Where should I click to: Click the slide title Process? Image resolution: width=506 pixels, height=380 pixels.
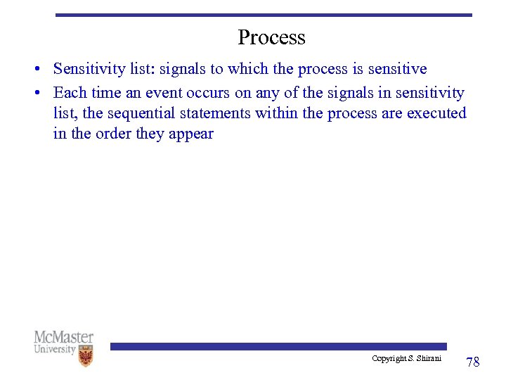pos(271,37)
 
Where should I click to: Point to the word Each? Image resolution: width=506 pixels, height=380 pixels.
pos(69,93)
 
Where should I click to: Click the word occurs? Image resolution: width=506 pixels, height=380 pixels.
pos(209,93)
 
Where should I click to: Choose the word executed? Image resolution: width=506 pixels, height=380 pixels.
pos(436,113)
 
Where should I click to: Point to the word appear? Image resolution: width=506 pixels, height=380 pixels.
pos(190,134)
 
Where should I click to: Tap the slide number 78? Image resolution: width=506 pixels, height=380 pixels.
pos(473,362)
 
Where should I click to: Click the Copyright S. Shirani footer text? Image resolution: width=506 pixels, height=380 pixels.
pos(406,359)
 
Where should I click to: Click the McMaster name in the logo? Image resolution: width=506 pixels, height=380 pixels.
pos(63,337)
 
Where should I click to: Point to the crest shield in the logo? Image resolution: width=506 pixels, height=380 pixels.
pos(86,356)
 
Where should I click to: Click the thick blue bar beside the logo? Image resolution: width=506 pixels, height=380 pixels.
pos(278,346)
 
